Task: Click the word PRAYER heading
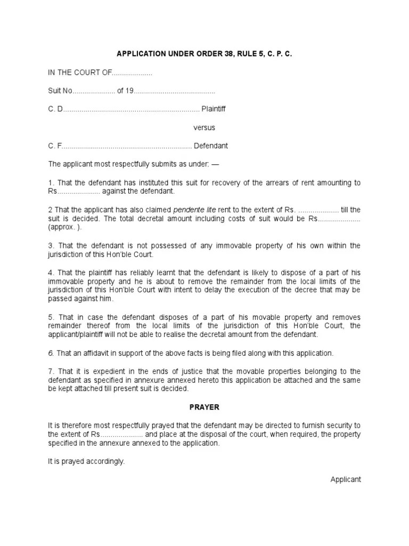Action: click(204, 407)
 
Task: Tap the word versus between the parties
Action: click(204, 127)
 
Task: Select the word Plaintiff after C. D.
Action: click(213, 109)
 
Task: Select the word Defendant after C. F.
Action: click(210, 146)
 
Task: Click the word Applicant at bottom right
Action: click(346, 479)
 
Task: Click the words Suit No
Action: click(60, 91)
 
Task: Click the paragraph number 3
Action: click(51, 245)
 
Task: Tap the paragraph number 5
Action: click(51, 316)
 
